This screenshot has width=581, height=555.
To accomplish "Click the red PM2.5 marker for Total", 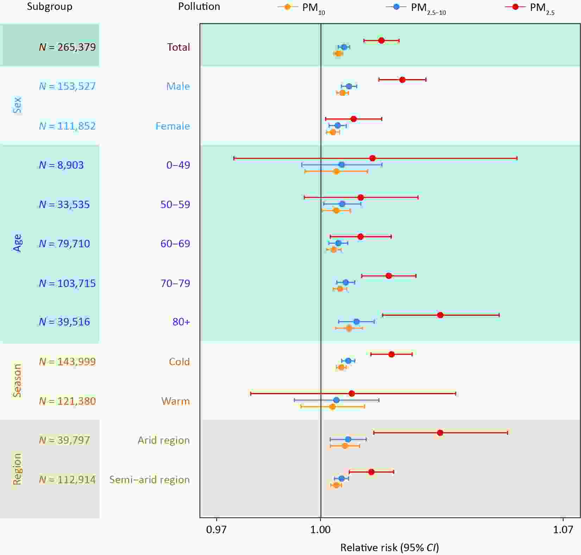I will pos(381,40).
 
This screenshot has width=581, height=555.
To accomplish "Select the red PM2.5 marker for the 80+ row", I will pos(440,315).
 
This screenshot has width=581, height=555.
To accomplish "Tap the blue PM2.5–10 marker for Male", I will pos(349,86).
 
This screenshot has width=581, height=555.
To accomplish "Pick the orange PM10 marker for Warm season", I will pos(333,407).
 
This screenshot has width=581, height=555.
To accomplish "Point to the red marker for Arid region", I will pos(440,432).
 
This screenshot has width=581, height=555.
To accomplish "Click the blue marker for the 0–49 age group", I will pos(341,164).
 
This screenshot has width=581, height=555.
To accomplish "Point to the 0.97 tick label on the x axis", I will pos(216,530).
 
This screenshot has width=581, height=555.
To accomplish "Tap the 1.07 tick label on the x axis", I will pos(563,530).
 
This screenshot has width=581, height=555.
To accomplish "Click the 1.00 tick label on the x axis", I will pos(321,530).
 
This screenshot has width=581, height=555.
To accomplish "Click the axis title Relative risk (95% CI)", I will pos(390,548).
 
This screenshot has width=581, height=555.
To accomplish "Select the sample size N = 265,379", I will pos(67,47).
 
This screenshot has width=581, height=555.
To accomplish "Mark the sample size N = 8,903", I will pos(61,165).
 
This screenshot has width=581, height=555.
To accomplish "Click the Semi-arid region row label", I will pos(149,480).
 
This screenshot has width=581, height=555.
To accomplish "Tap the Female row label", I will pos(172,126).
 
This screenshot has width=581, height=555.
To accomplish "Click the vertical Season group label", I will pos(17,381).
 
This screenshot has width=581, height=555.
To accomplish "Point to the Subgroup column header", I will pos(50,7).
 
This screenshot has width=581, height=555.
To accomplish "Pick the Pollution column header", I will pos(199,7).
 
